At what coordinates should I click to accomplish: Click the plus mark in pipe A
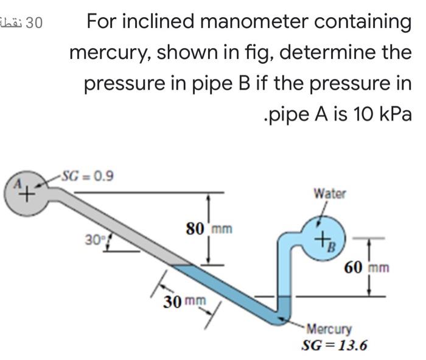26,196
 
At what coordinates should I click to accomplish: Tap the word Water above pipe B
329,194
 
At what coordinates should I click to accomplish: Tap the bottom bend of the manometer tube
282,317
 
